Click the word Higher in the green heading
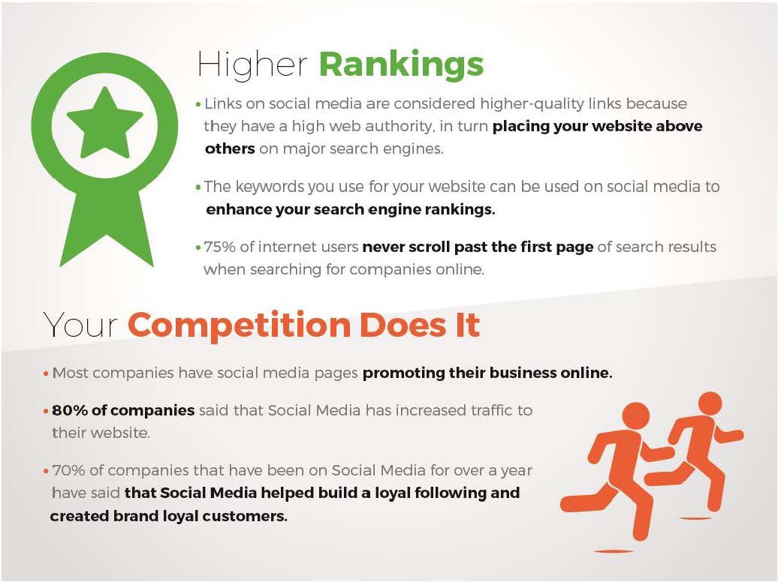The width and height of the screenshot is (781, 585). (252, 65)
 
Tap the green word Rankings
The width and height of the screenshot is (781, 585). (401, 65)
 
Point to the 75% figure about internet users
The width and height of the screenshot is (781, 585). (219, 247)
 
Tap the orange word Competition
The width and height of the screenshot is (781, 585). (239, 326)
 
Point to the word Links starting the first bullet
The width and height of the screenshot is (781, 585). (222, 103)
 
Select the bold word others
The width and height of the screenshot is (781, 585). (230, 148)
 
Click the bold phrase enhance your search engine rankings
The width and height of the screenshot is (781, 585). (351, 209)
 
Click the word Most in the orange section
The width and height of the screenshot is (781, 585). (71, 373)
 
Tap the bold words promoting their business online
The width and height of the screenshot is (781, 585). (487, 373)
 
